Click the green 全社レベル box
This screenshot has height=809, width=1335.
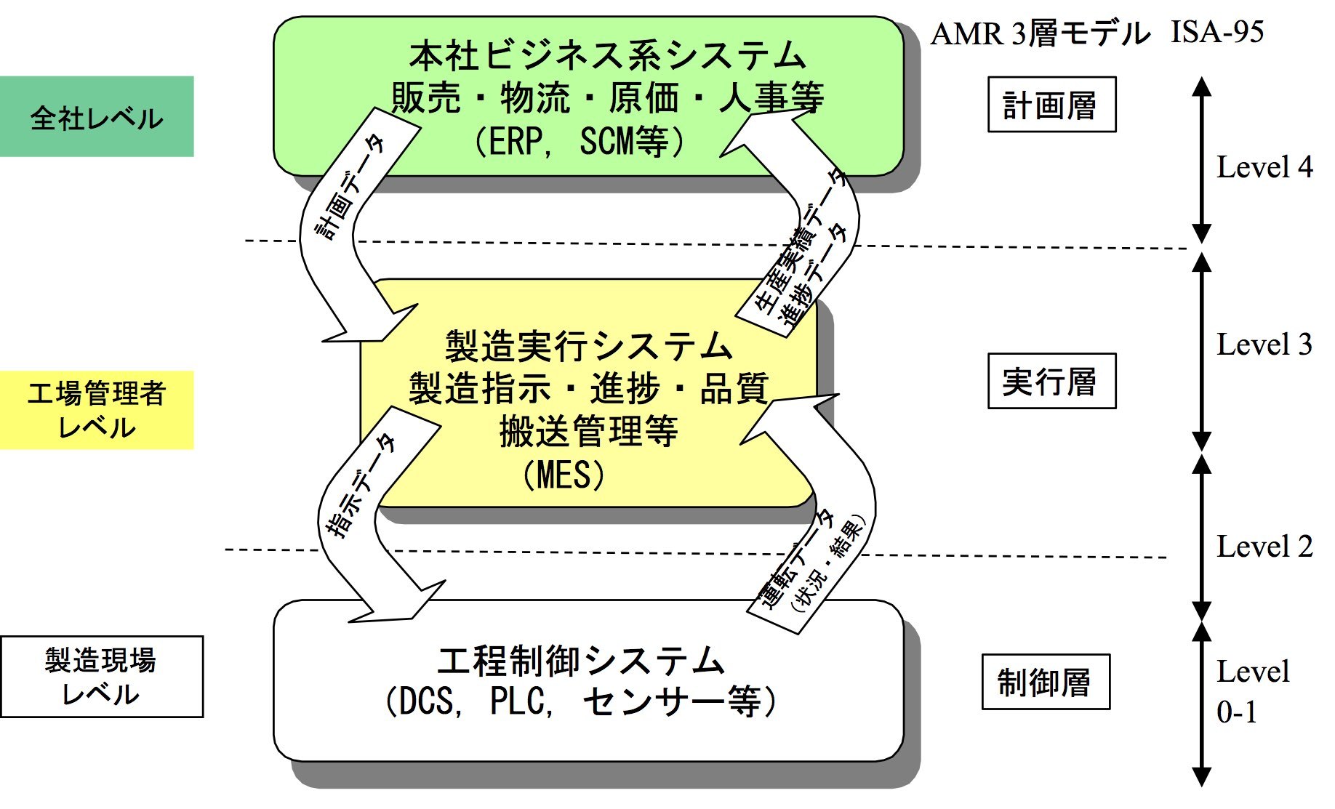pos(97,117)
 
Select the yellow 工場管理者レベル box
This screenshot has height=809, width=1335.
pos(97,410)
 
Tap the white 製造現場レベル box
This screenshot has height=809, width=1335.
pos(102,677)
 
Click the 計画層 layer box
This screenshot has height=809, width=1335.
pos(1051,105)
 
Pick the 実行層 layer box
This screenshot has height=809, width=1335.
pos(1051,382)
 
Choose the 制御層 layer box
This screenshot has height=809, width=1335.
pos(1045,682)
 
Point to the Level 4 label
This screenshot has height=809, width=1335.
pos(1264,167)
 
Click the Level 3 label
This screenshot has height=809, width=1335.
pos(1264,345)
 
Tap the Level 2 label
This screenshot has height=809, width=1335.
pos(1264,547)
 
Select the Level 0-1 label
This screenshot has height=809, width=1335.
pos(1252,691)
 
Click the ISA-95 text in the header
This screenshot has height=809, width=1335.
pos(1217,33)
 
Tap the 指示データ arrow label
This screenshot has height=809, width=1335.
pos(361,486)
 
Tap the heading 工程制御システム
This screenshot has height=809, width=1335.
pos(581,661)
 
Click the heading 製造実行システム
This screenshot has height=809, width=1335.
pos(588,346)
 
